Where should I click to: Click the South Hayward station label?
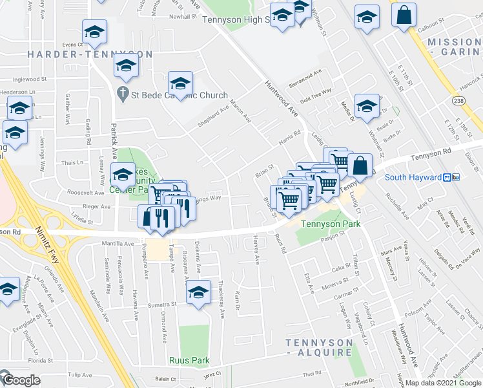pyautogui.click(x=413, y=177)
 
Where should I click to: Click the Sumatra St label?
pyautogui.click(x=161, y=303)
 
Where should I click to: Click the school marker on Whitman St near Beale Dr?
pyautogui.click(x=367, y=107)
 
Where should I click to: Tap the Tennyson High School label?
pyautogui.click(x=235, y=20)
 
